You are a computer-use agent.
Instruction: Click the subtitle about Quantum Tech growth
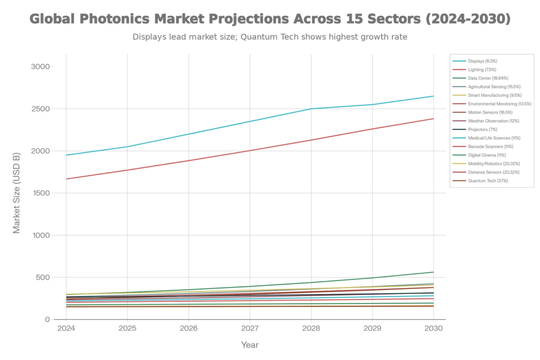(270, 37)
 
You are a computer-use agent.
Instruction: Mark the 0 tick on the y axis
(47, 319)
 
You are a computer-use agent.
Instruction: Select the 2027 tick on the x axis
(250, 328)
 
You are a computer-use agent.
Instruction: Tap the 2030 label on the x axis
(433, 328)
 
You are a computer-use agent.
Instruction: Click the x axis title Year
(250, 345)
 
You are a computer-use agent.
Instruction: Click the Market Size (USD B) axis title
(17, 193)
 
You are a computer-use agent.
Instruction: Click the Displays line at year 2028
(311, 109)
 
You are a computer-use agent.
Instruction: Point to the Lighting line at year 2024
(67, 179)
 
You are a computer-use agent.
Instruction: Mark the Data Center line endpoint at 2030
(433, 272)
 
